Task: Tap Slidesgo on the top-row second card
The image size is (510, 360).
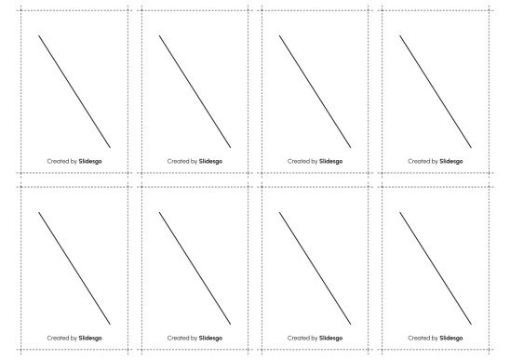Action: coord(210,161)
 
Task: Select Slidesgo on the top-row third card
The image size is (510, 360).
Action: coord(330,161)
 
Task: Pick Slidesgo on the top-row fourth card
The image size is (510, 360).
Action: coord(450,161)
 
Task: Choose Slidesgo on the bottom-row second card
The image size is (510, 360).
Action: coord(210,338)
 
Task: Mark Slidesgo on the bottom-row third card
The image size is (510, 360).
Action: coord(330,338)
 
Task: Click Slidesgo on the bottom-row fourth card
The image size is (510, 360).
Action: coord(450,338)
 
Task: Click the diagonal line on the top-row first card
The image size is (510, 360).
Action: coord(74,91)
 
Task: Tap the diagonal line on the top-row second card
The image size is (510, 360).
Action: coord(195,91)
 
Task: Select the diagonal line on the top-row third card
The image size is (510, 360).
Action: coord(315,91)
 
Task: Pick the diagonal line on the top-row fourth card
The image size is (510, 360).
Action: coord(435,91)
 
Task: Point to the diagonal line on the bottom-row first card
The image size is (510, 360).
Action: coord(74,268)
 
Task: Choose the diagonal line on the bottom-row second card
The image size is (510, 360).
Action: coord(195,268)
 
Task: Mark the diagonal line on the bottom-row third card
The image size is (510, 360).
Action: coord(315,268)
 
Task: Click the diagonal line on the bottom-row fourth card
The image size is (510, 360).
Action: coord(435,268)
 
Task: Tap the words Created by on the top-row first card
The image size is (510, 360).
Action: coord(61,161)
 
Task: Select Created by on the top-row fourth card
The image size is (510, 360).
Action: coord(423,161)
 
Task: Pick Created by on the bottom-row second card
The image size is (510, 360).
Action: coord(181,338)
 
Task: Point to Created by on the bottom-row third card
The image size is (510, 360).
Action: coord(302,338)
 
